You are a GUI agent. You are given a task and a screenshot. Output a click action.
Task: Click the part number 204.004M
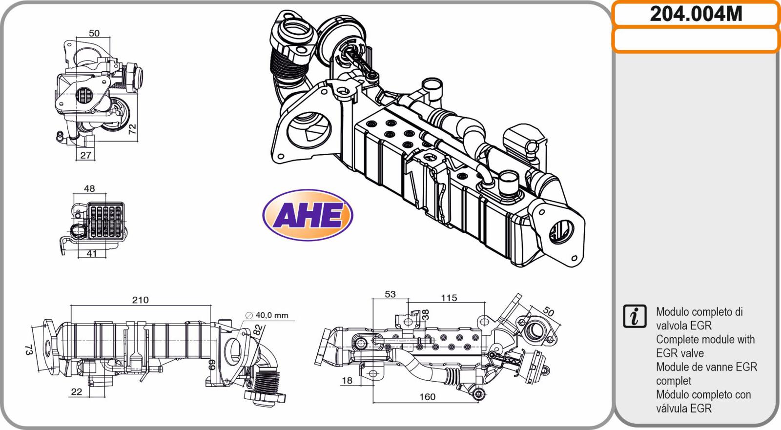coord(696,14)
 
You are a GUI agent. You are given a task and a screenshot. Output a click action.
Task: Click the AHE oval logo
coord(308,215)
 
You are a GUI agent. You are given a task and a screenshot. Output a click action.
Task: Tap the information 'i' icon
coord(635,316)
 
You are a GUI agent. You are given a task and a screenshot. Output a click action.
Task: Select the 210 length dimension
coord(140,300)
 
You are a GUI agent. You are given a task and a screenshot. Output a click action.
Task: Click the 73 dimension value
coord(28,349)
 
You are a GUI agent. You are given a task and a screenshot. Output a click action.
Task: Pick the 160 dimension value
coord(427,396)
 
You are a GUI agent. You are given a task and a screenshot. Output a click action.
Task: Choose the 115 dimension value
coord(449,297)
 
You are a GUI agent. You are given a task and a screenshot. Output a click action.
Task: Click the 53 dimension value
coord(390,294)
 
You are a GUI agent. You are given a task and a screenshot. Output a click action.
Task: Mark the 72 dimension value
coord(131,129)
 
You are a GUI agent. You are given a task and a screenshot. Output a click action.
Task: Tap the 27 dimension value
coord(85,155)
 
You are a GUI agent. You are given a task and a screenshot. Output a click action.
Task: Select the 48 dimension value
coord(89,188)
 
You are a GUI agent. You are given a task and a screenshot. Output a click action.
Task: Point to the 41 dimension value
coord(92,253)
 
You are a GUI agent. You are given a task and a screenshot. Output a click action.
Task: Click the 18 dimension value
coord(347,380)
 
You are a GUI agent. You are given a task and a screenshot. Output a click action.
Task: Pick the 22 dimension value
coord(76,391)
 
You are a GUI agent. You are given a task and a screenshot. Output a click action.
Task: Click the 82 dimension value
coord(258,329)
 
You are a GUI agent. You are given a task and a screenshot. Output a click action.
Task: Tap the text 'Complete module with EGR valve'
coord(705,346)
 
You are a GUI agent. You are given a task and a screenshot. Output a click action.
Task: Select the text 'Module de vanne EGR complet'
coord(706,373)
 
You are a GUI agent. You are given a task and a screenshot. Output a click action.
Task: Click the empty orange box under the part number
coord(696,40)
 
